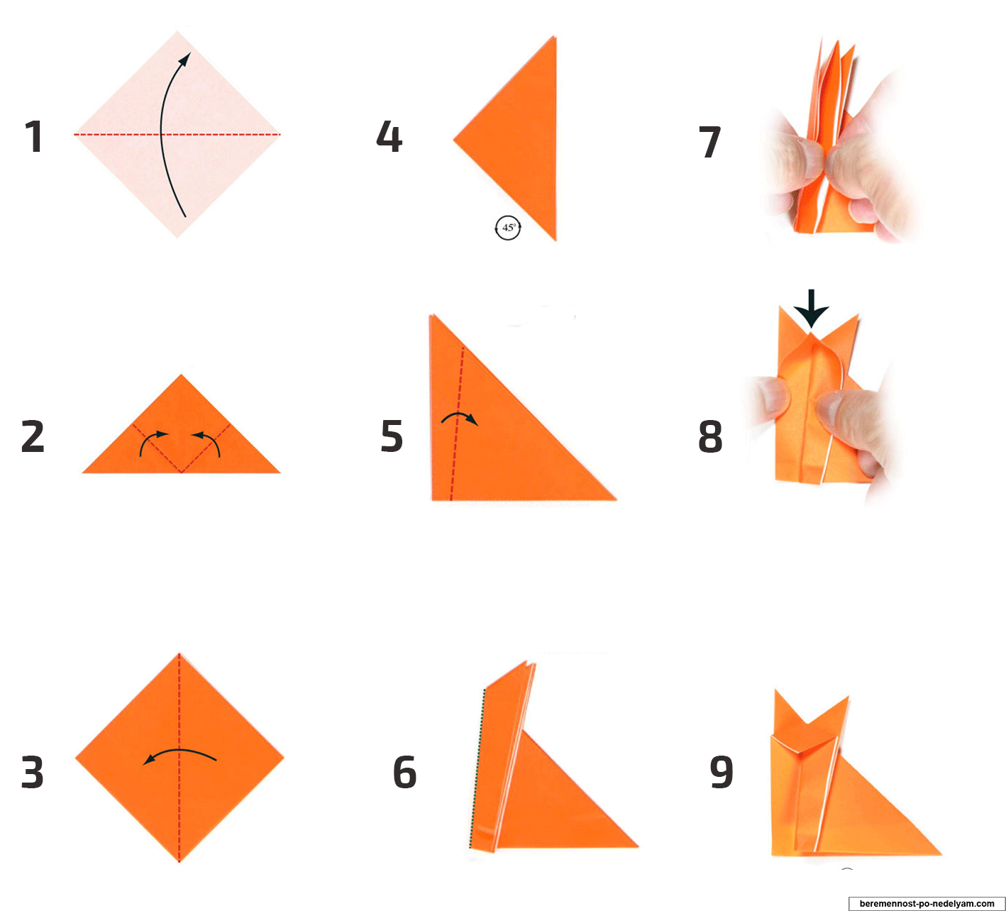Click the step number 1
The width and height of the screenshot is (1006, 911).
(x=33, y=136)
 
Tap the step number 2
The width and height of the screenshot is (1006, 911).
(x=33, y=437)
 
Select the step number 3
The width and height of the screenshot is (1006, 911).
(x=33, y=773)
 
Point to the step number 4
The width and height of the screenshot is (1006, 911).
(x=389, y=136)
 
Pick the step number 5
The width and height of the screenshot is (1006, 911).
(x=392, y=436)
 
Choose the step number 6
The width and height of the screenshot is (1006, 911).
(x=404, y=773)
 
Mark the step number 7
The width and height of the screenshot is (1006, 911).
(x=709, y=142)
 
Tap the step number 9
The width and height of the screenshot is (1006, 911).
(x=722, y=773)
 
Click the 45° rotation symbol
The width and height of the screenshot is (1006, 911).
(x=507, y=227)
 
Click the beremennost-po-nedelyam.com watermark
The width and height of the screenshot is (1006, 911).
(x=927, y=903)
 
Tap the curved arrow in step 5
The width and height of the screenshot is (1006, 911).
(x=460, y=414)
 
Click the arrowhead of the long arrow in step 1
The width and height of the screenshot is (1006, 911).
(x=185, y=59)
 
